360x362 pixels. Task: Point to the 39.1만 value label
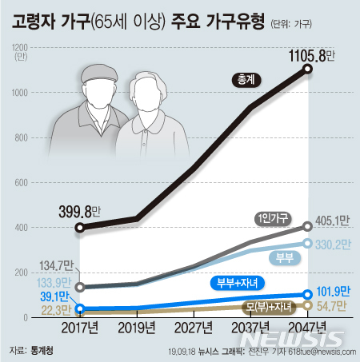pos(53,295)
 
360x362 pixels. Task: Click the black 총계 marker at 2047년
pos(308,70)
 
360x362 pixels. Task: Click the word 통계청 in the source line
pos(42,350)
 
